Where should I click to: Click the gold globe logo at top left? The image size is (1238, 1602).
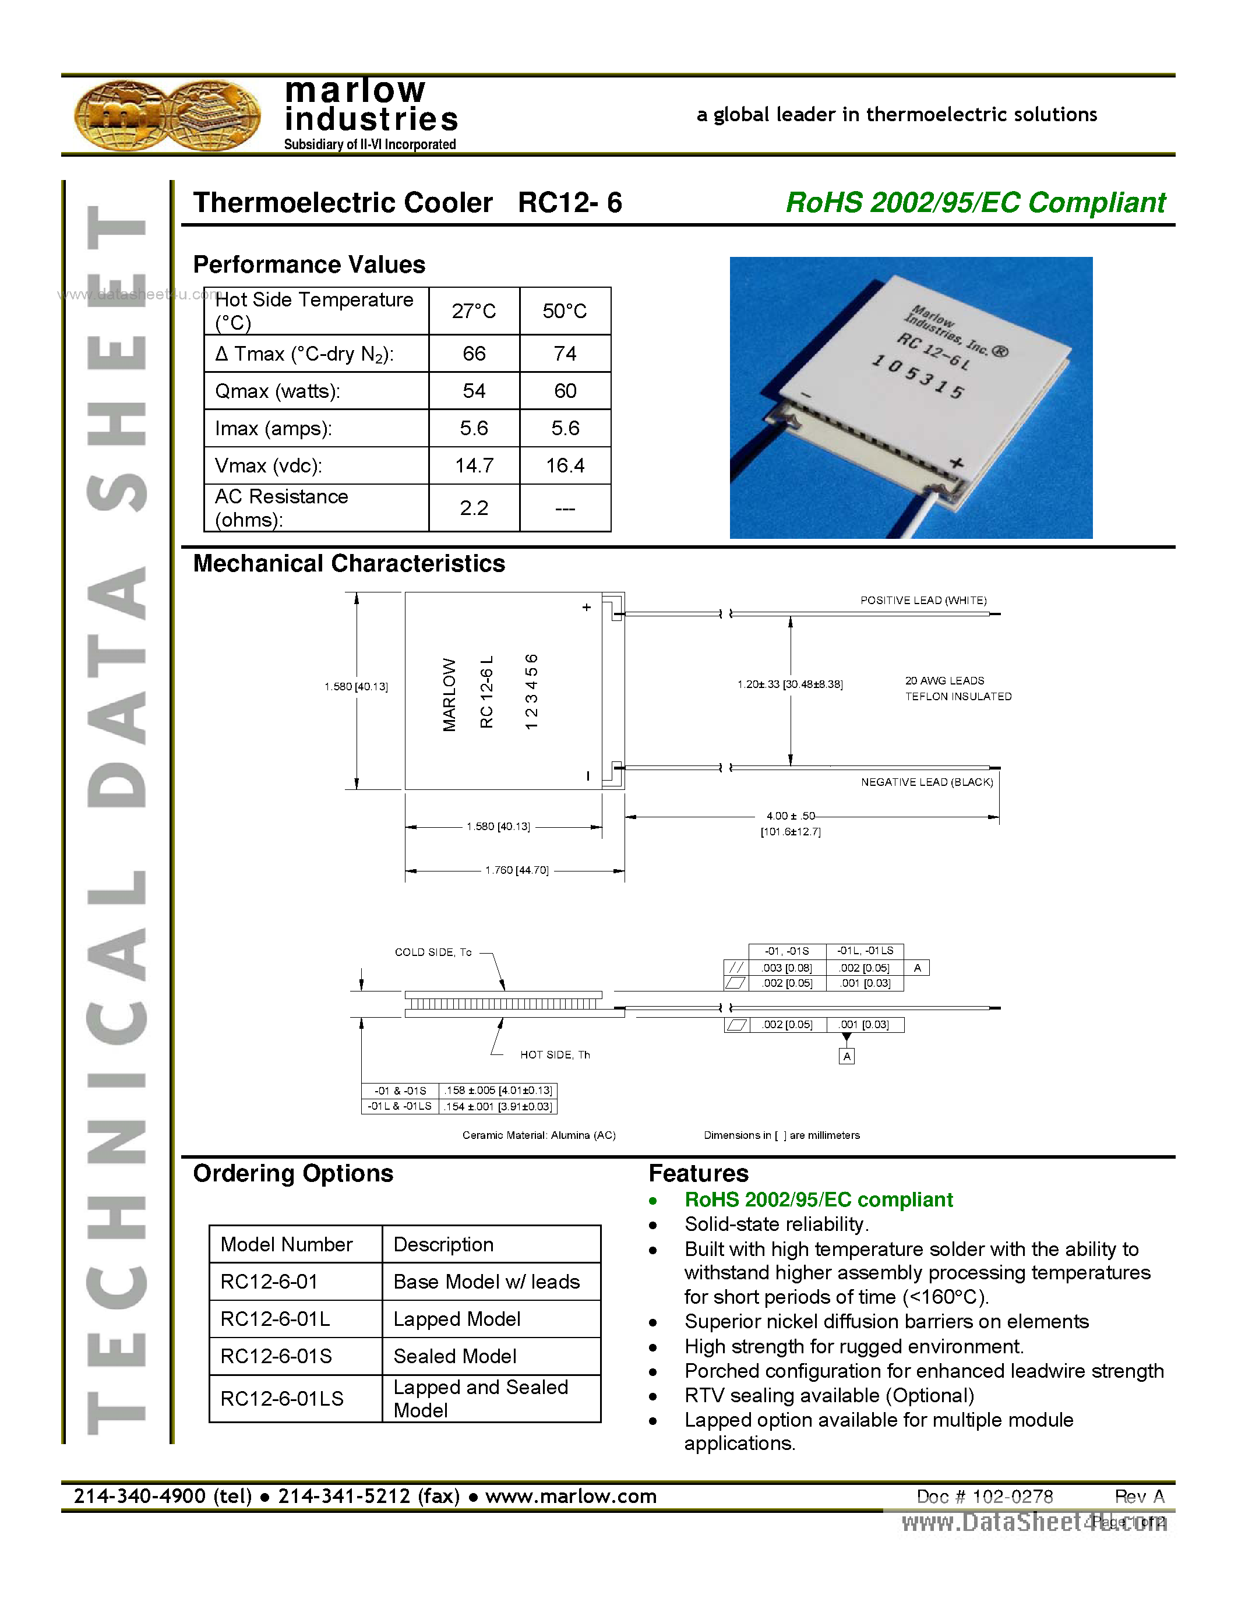[167, 116]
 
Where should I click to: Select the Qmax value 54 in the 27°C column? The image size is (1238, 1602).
[474, 391]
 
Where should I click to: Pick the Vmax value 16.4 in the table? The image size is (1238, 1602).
[565, 466]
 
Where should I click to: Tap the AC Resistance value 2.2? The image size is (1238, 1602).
[474, 507]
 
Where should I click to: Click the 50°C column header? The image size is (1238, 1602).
[565, 311]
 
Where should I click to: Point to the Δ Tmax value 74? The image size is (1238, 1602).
[565, 354]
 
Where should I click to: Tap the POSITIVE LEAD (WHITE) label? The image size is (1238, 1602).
[923, 600]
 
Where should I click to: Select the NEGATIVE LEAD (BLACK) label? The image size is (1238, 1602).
[926, 782]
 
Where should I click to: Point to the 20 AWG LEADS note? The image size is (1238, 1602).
[944, 680]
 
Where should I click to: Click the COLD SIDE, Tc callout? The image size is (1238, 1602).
[433, 952]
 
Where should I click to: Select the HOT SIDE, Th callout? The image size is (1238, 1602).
[555, 1055]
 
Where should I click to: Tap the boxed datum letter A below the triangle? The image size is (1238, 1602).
[847, 1056]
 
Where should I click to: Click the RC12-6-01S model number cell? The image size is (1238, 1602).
[277, 1356]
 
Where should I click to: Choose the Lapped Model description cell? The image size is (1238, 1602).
[457, 1319]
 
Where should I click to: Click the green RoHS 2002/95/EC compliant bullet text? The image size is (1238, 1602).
[818, 1200]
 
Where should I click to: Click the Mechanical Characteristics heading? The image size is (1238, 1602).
[349, 563]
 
